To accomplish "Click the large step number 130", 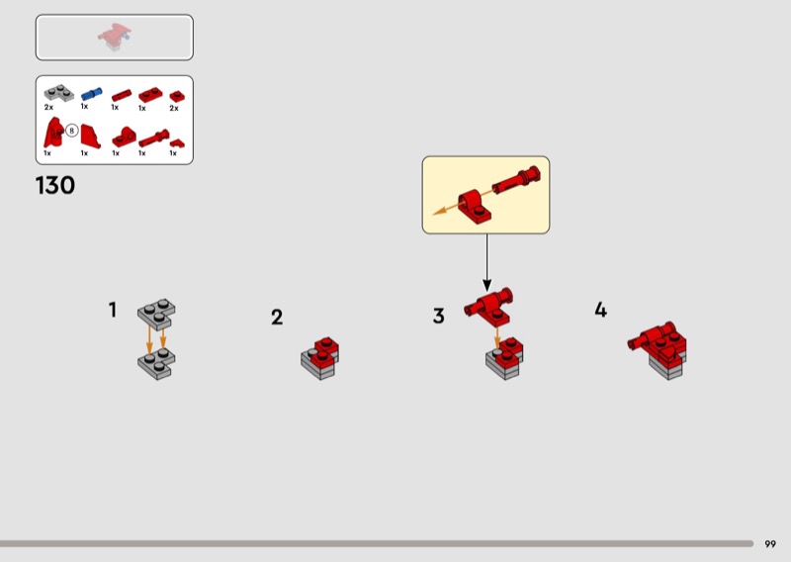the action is [55, 185].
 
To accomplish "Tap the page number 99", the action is [770, 544].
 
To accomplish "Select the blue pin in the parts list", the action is [91, 94].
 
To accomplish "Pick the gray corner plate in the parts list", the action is [58, 93].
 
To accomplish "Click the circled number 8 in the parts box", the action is [71, 131].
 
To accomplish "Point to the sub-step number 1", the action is [113, 310].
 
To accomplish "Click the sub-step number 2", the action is [277, 317].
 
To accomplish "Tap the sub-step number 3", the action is [438, 316].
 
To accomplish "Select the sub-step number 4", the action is [600, 310].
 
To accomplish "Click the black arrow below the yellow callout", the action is [486, 262].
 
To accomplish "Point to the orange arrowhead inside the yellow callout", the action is [440, 211].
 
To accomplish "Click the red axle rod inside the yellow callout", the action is [516, 180].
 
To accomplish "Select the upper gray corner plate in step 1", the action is [156, 313].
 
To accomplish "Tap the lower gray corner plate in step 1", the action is [156, 363].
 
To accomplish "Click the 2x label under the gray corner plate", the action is [48, 107].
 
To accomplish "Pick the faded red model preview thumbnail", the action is [115, 37].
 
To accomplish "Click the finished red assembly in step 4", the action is [659, 349].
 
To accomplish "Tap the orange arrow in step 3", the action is [497, 337].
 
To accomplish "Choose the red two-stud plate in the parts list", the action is [150, 94].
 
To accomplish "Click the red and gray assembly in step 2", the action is [319, 358].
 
